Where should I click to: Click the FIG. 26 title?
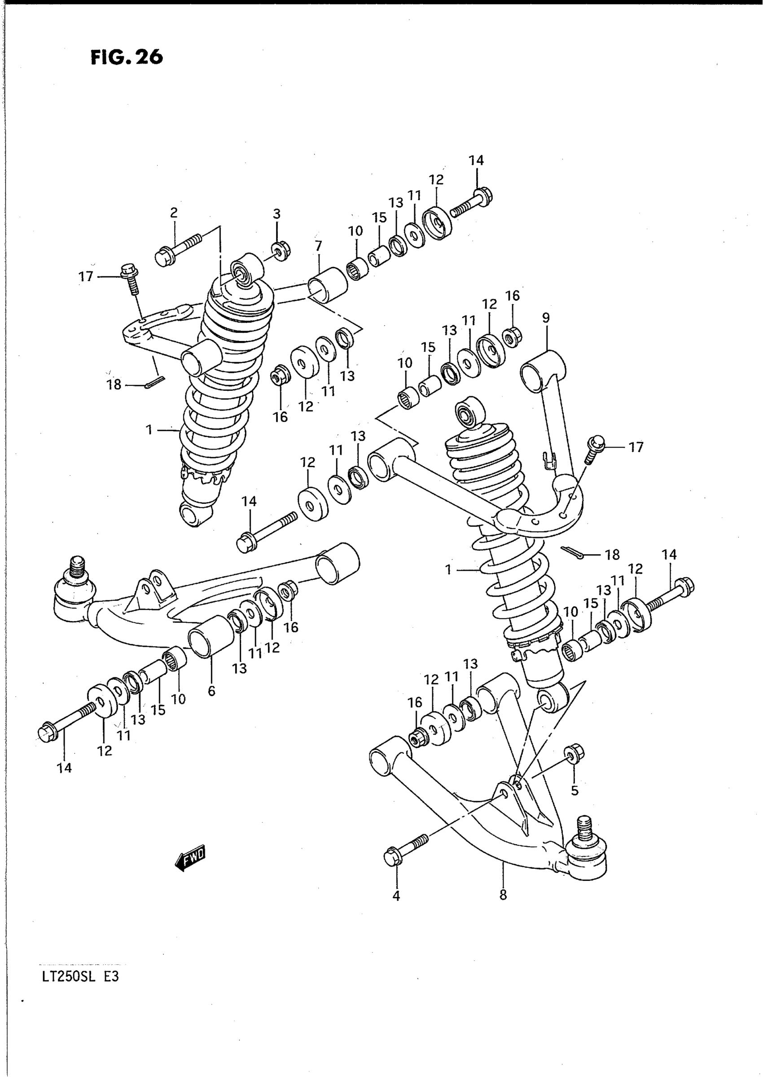point(126,57)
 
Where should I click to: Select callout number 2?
point(174,213)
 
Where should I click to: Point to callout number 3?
point(276,214)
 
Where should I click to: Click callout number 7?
point(318,246)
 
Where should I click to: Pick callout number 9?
point(545,318)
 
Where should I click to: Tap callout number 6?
point(211,691)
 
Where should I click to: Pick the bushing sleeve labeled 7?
point(327,284)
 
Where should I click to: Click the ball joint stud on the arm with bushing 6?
point(77,568)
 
